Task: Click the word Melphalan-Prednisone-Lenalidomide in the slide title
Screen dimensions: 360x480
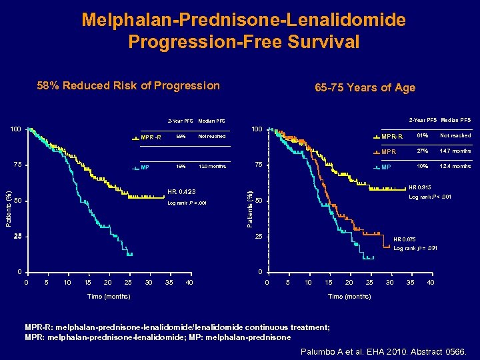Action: tap(243, 19)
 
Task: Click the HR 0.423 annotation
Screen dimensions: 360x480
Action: tap(182, 191)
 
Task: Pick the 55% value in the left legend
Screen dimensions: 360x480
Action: tap(180, 137)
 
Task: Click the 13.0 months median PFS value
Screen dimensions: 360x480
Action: tap(211, 167)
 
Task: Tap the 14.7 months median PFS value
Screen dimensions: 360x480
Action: tap(455, 151)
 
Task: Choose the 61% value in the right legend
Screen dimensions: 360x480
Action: tap(422, 136)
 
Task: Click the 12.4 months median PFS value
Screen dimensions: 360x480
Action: tap(455, 166)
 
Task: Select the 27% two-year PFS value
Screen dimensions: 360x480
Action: tap(422, 151)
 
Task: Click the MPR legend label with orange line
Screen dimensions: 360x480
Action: tap(388, 152)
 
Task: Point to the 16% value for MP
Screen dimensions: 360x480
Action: tap(180, 167)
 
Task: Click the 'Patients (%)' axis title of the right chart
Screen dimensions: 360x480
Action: tap(249, 200)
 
